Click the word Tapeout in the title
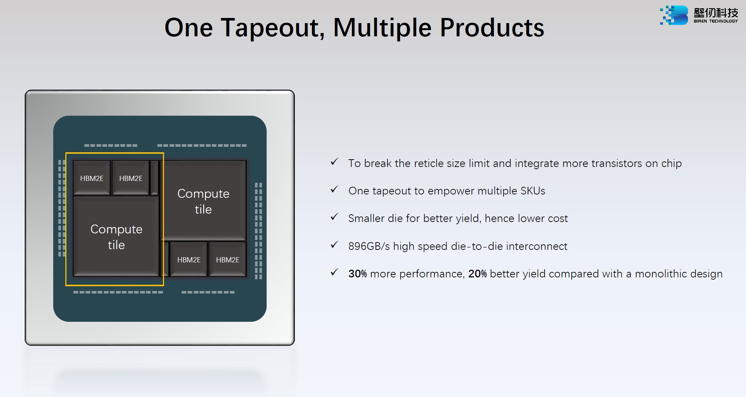click(x=273, y=28)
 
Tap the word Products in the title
click(x=492, y=28)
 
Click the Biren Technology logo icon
click(x=674, y=15)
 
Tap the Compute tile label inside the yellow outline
click(x=116, y=237)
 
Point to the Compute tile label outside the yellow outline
click(x=203, y=201)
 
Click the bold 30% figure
click(x=357, y=274)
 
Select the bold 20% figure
click(x=477, y=274)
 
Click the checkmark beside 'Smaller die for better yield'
click(x=334, y=217)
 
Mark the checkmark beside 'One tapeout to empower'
click(x=334, y=190)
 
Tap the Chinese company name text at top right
click(x=716, y=13)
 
